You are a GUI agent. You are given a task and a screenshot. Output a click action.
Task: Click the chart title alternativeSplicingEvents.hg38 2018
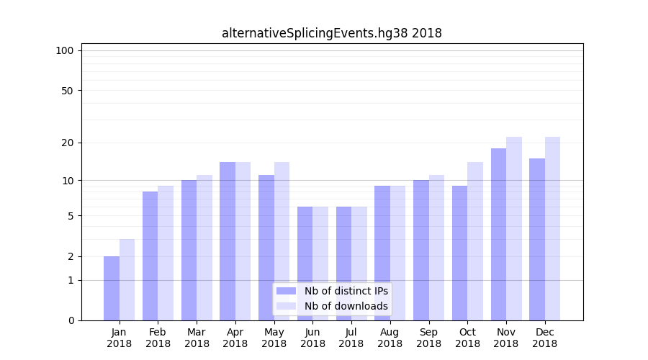click(x=331, y=33)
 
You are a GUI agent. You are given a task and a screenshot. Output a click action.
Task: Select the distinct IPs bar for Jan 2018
click(x=112, y=288)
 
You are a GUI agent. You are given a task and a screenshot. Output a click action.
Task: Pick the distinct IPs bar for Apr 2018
click(x=228, y=241)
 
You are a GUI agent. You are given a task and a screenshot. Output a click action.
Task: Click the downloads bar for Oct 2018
click(x=475, y=241)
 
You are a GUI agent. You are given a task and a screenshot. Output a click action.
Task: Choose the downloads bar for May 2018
click(x=282, y=241)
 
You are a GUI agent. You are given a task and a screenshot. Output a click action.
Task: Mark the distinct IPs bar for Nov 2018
click(x=498, y=234)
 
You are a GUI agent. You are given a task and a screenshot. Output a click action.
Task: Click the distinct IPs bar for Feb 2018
click(x=150, y=256)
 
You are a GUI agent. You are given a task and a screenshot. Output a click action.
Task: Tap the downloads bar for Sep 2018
click(x=436, y=248)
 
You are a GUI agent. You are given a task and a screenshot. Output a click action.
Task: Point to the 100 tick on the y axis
click(x=65, y=50)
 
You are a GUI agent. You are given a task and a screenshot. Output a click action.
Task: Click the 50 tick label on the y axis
click(x=67, y=91)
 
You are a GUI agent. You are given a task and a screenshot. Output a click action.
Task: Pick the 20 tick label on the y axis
click(x=67, y=143)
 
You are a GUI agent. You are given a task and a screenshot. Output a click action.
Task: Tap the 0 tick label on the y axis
click(x=71, y=320)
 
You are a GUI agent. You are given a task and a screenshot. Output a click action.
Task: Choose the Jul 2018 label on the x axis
click(x=351, y=338)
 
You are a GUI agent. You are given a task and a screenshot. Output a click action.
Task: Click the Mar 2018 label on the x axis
click(x=197, y=338)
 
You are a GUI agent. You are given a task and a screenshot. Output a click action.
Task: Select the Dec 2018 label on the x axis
click(x=544, y=338)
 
